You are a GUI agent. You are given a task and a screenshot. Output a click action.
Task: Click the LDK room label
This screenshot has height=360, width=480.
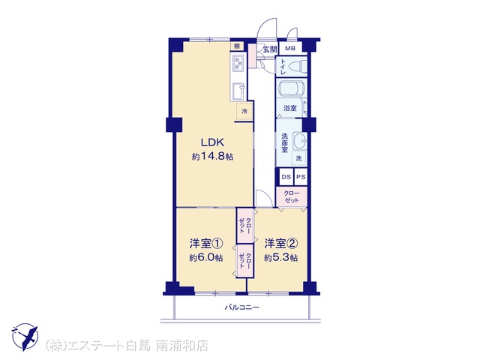pos(212,142)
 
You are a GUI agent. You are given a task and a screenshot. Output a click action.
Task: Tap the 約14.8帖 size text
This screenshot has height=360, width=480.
pos(212,157)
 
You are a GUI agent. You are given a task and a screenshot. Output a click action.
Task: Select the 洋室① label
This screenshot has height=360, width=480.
pos(205,244)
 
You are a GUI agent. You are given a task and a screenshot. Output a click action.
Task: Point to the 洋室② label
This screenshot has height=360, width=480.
pos(280,244)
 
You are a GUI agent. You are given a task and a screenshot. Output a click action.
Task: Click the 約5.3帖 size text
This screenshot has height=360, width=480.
pos(280,258)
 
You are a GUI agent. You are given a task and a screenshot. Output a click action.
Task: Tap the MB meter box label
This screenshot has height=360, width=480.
pos(290,48)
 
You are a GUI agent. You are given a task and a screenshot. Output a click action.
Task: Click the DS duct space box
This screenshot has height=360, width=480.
pos(286,177)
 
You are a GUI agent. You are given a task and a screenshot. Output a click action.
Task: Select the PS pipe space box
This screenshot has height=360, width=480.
pos(301,177)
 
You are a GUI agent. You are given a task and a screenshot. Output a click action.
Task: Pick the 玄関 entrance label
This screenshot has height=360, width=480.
pos(270,49)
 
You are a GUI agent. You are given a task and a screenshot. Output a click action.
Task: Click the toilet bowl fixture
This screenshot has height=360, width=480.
pos(297,67)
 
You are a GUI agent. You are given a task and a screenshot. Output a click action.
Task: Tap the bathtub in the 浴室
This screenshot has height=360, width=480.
pos(292,88)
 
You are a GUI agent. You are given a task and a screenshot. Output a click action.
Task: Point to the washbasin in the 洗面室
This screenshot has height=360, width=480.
pos(299,141)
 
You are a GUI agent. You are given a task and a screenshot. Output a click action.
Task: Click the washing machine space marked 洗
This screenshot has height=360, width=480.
pos(299,158)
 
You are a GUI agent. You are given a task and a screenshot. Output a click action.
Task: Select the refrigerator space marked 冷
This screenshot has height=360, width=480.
pos(244,112)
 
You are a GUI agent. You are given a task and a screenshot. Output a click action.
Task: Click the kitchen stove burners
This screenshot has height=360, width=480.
pos(238,62)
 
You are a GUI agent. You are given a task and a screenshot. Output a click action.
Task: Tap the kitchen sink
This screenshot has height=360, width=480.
pos(238,91)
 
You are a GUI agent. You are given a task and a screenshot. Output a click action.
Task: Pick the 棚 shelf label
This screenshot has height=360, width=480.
pos(237,46)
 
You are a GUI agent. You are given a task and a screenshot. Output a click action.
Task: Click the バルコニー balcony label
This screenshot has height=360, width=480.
pos(241,307)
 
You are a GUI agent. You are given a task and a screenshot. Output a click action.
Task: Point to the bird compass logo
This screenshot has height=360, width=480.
pos(25,337)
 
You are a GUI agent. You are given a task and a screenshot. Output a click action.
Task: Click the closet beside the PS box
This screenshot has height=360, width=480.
pos(292,197)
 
